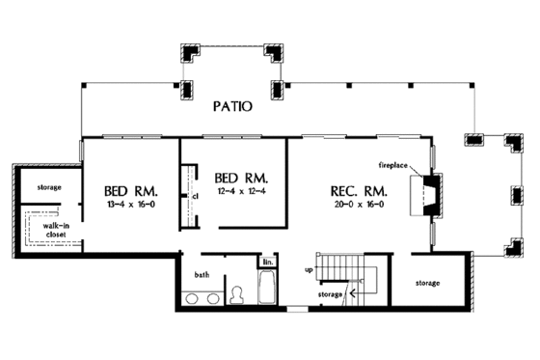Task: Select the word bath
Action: (202, 275)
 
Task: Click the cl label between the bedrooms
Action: (194, 195)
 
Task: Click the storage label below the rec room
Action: (428, 283)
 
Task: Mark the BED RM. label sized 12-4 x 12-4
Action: (240, 180)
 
